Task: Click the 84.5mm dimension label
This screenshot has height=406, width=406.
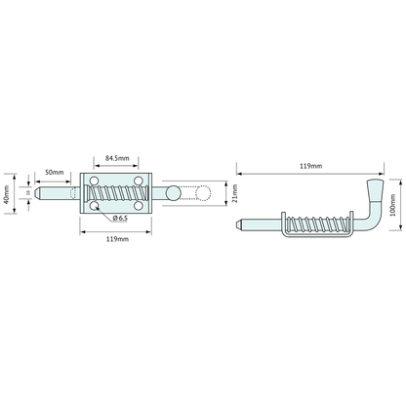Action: [x=117, y=158]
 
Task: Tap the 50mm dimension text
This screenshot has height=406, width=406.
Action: [x=55, y=172]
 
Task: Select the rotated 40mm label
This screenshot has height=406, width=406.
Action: [x=6, y=195]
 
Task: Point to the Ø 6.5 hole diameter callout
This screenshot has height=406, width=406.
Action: [x=120, y=219]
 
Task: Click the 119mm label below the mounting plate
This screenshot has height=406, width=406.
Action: [x=117, y=239]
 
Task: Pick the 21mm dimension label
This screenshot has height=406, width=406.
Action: [x=235, y=193]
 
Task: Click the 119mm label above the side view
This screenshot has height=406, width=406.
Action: [x=311, y=166]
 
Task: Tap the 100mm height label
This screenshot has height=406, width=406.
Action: [x=392, y=205]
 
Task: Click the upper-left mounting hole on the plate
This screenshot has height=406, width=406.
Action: [x=94, y=181]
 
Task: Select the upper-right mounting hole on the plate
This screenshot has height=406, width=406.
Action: [x=139, y=181]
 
